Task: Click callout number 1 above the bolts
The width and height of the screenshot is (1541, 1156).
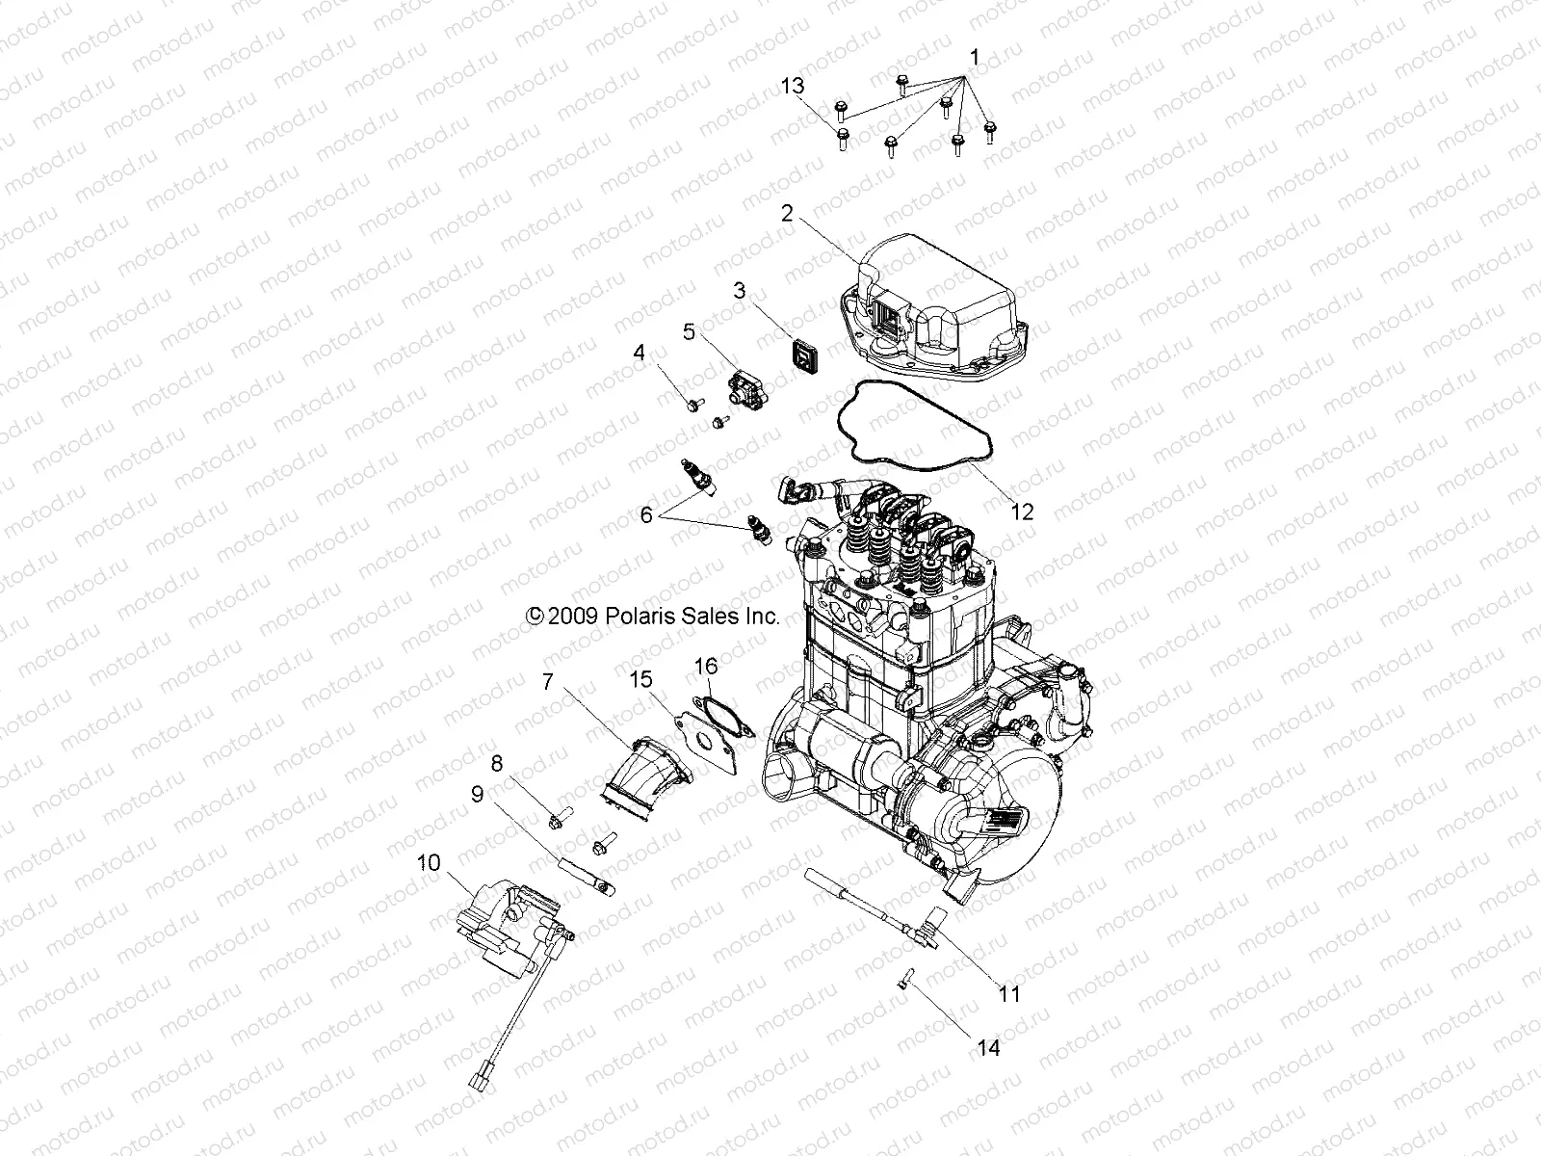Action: pos(974,59)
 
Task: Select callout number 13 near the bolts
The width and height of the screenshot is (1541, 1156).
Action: pos(792,87)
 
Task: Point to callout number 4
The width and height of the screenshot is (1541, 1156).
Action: pos(639,354)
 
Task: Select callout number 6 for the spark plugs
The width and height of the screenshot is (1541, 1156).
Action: pos(645,515)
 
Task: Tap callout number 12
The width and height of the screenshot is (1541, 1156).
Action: pos(1023,512)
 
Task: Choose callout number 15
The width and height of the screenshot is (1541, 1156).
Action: pos(641,680)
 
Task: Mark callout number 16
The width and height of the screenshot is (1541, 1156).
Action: pos(706,666)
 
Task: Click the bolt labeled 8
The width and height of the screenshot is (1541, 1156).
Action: pos(557,820)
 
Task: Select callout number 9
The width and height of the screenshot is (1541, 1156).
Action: pos(477,794)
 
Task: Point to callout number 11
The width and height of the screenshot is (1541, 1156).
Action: pos(1008,994)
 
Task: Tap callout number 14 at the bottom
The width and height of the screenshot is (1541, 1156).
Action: pos(988,1048)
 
